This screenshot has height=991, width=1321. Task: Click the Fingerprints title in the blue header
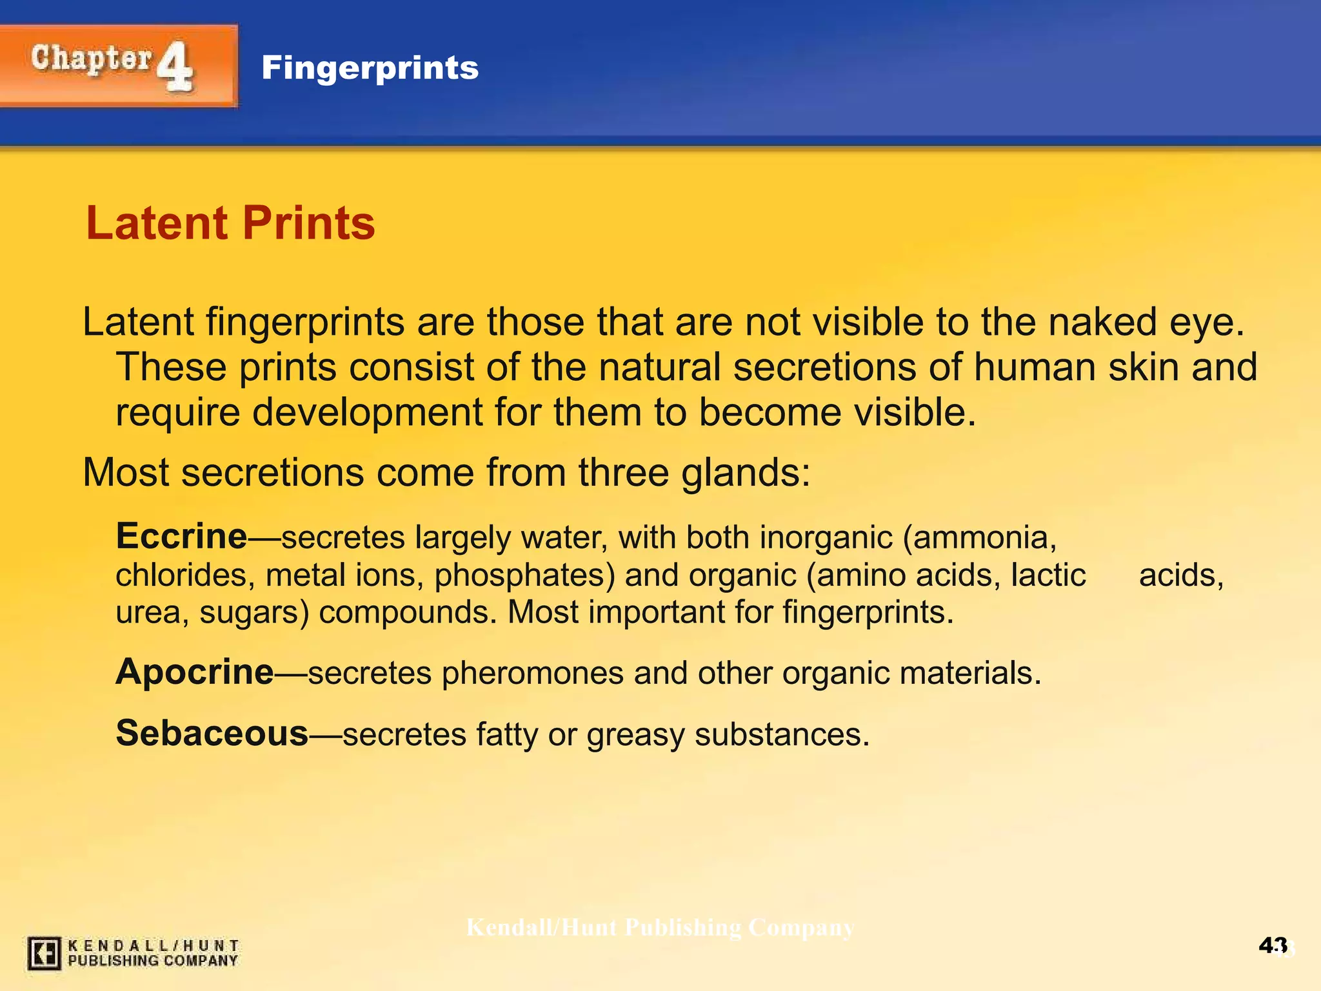pyautogui.click(x=370, y=68)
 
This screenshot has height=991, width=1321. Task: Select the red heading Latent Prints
pyautogui.click(x=230, y=223)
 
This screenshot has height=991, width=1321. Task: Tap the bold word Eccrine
pyautogui.click(x=181, y=536)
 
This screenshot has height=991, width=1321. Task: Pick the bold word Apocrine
pyautogui.click(x=195, y=672)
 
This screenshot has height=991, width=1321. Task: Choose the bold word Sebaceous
pyautogui.click(x=212, y=733)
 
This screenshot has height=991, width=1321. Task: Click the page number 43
pyautogui.click(x=1273, y=946)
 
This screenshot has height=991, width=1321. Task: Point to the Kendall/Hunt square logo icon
pyautogui.click(x=45, y=953)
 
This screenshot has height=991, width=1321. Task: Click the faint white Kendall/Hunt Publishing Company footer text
pyautogui.click(x=660, y=927)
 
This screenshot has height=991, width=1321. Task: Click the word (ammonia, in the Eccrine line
pyautogui.click(x=980, y=537)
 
